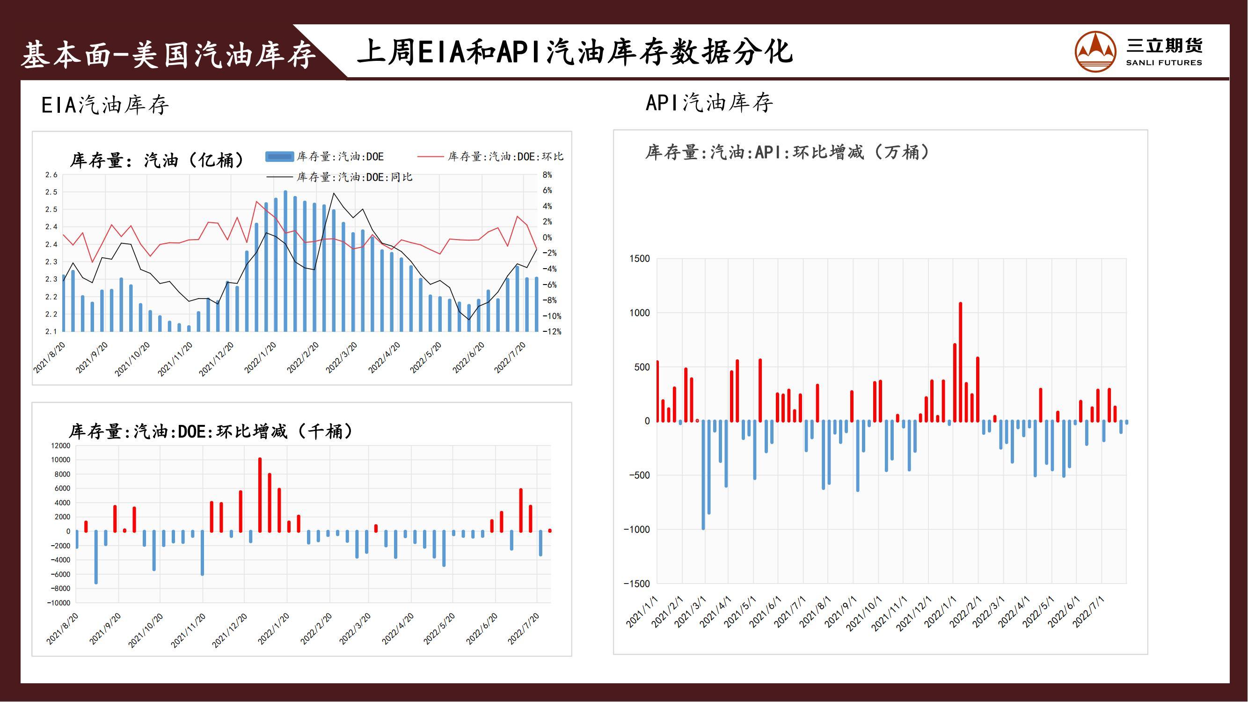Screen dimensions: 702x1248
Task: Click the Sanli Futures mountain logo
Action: pyautogui.click(x=1095, y=51)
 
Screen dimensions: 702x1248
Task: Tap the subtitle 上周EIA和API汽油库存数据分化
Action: pyautogui.click(x=575, y=52)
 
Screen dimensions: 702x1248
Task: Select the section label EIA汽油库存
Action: pyautogui.click(x=105, y=105)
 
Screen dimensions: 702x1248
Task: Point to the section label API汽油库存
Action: pyautogui.click(x=709, y=102)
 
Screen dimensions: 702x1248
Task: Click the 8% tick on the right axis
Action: pyautogui.click(x=547, y=175)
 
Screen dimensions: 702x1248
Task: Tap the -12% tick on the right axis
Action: pyautogui.click(x=551, y=332)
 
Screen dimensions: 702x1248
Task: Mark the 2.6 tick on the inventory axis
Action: pyautogui.click(x=51, y=175)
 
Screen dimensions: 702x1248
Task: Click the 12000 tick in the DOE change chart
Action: pyautogui.click(x=60, y=446)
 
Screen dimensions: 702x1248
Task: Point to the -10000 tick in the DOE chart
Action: pyautogui.click(x=58, y=603)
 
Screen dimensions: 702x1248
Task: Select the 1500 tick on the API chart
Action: pyautogui.click(x=640, y=259)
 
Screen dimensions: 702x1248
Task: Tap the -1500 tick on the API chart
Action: pyautogui.click(x=636, y=584)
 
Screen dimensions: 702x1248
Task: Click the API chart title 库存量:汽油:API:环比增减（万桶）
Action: pyautogui.click(x=787, y=152)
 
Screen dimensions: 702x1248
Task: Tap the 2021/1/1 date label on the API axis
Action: pyautogui.click(x=642, y=613)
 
